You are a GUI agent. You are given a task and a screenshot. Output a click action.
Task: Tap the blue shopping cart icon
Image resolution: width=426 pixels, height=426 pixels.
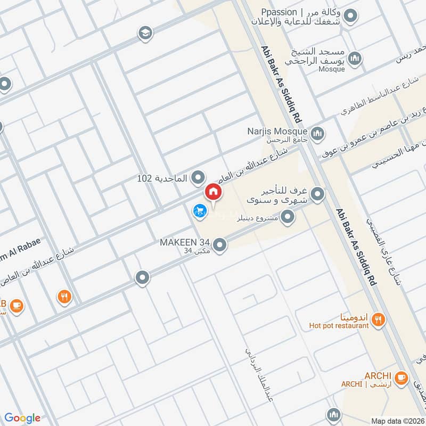click(x=199, y=211)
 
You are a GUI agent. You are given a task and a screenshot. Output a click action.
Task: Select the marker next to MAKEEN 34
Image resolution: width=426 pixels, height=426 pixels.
click(x=220, y=245)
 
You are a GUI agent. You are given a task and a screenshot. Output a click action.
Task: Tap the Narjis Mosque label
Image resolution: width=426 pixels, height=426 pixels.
click(x=277, y=131)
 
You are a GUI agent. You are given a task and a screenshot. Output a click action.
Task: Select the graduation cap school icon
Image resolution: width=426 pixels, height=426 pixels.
click(x=144, y=34)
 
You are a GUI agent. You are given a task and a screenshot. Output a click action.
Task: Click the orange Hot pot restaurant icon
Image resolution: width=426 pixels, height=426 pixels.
click(x=379, y=319)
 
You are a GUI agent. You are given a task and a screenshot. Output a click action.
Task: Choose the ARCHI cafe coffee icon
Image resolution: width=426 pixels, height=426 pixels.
click(x=402, y=378)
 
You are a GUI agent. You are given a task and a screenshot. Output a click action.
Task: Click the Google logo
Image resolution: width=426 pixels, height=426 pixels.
click(x=22, y=418)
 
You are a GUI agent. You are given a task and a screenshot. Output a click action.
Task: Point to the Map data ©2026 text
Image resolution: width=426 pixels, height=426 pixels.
click(x=396, y=421)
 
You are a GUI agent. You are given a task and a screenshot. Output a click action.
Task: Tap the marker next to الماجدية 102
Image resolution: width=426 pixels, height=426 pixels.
click(x=199, y=176)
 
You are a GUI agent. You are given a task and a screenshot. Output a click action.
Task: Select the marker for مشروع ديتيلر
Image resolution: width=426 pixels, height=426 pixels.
click(x=288, y=217)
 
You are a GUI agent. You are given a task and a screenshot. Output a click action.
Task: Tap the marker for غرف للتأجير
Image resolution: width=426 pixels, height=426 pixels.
click(x=318, y=194)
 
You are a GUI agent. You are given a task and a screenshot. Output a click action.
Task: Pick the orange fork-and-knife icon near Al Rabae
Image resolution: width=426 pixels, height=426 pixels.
click(x=65, y=296)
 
